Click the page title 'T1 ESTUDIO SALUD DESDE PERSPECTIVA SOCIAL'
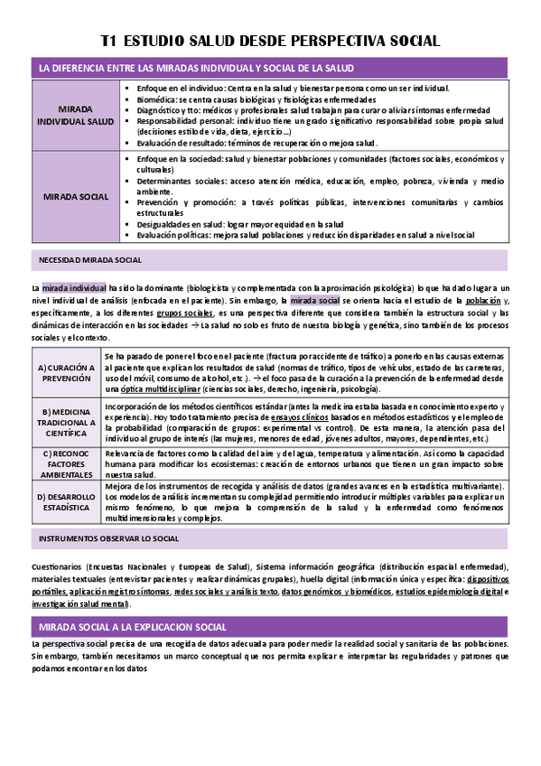tap(270, 41)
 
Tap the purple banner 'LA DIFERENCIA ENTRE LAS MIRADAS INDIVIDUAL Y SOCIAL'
tap(193, 69)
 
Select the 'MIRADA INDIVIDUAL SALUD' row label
tap(75, 116)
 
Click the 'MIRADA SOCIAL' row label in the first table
tap(75, 196)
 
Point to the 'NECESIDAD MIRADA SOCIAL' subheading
tap(89, 260)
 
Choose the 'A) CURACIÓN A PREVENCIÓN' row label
tap(67, 373)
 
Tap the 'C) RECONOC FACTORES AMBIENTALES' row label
tap(67, 462)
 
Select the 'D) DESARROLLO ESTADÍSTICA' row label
tap(67, 502)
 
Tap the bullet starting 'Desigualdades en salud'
tap(240, 223)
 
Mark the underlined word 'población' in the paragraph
tap(483, 300)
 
